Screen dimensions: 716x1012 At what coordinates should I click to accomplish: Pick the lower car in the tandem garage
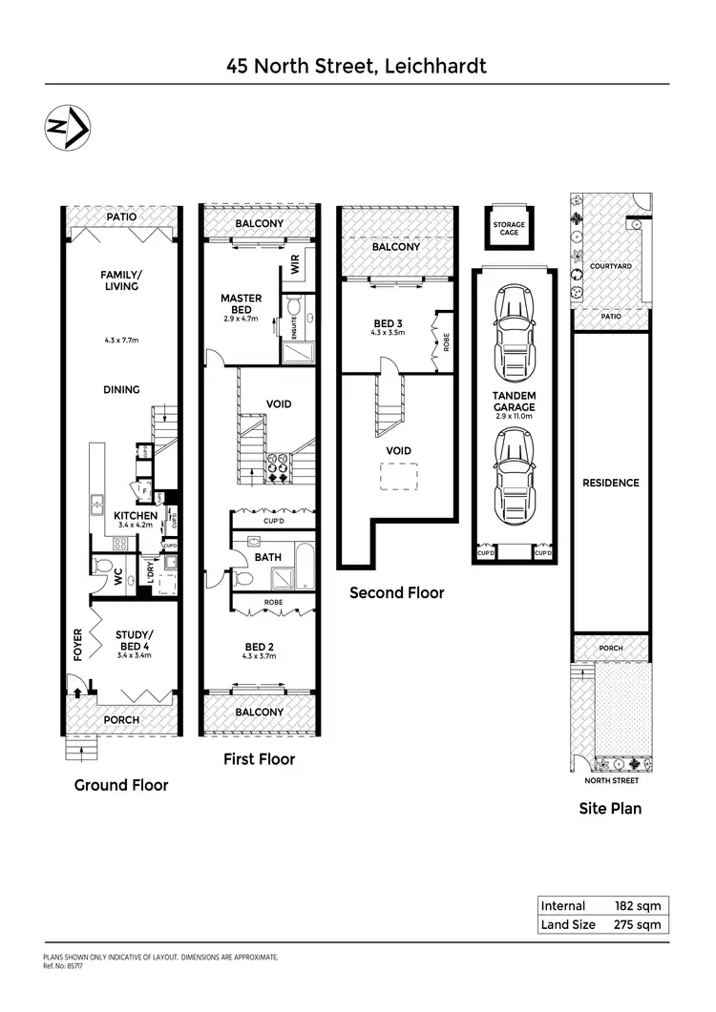513,472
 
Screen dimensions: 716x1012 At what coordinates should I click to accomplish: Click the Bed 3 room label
388,322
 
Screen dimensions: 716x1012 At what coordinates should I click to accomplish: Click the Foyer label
79,644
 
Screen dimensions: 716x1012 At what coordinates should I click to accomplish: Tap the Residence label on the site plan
610,483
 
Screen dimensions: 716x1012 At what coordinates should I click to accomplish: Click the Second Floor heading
397,592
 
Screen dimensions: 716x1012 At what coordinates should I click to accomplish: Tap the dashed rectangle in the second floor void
399,475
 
